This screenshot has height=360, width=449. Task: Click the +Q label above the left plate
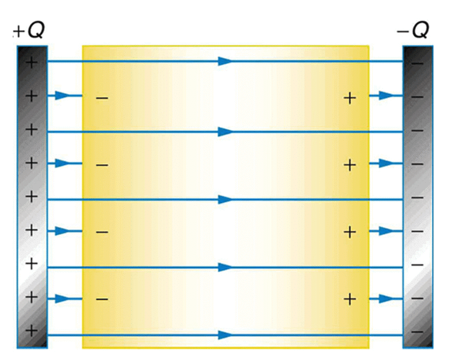(x=29, y=31)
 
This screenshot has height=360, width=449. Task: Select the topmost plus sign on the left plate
(x=32, y=63)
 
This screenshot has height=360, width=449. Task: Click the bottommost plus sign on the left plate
(x=32, y=331)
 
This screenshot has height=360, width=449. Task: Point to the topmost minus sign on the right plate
(x=418, y=63)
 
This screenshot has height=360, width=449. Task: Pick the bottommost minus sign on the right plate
(x=418, y=332)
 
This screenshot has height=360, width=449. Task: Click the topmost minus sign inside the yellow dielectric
(x=102, y=98)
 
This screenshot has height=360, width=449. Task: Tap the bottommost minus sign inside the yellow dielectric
(x=102, y=299)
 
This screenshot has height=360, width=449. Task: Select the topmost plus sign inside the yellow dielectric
(x=349, y=98)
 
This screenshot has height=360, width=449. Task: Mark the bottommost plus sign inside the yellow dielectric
(x=349, y=299)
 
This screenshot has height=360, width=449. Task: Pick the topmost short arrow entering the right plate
(x=387, y=96)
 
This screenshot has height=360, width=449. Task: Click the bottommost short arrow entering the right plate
(x=387, y=299)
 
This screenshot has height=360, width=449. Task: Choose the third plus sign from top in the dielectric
(x=349, y=231)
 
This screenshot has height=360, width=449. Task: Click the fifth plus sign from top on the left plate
(x=32, y=196)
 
